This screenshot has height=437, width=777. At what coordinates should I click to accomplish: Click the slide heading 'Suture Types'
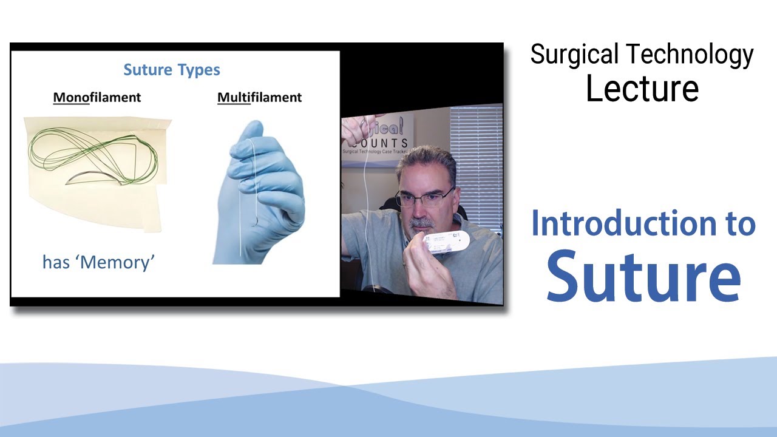tap(172, 70)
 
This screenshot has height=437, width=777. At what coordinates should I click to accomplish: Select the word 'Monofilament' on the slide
tap(97, 97)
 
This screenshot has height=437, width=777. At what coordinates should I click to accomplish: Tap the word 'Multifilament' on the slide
tap(259, 97)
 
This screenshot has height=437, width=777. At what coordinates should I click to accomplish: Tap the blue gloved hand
tap(261, 194)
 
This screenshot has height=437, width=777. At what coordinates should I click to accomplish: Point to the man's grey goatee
tap(419, 228)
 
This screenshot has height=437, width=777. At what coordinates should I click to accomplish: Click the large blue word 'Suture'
tap(643, 276)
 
